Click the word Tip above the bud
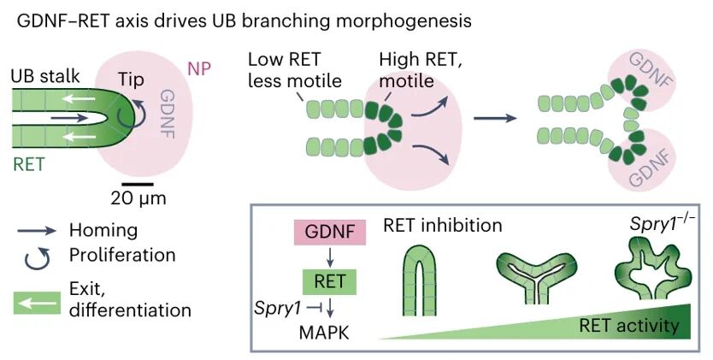click(x=131, y=78)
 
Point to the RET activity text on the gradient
click(x=628, y=325)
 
